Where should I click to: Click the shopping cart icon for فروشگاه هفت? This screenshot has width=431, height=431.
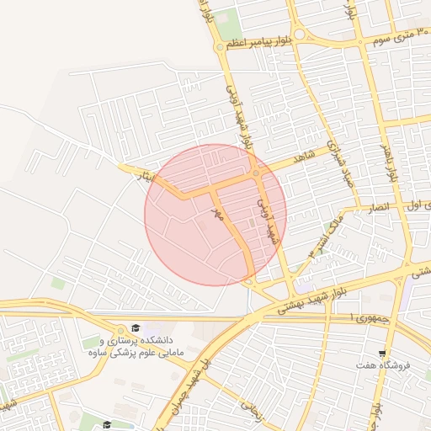[x=383, y=354]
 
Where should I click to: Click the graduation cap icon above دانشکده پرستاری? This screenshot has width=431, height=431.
[x=136, y=327]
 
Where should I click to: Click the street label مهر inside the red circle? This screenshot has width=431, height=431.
[x=216, y=215]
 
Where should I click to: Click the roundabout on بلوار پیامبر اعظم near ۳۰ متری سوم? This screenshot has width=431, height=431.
[x=298, y=35]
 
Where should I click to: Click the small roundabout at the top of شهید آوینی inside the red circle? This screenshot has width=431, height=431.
[x=256, y=173]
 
